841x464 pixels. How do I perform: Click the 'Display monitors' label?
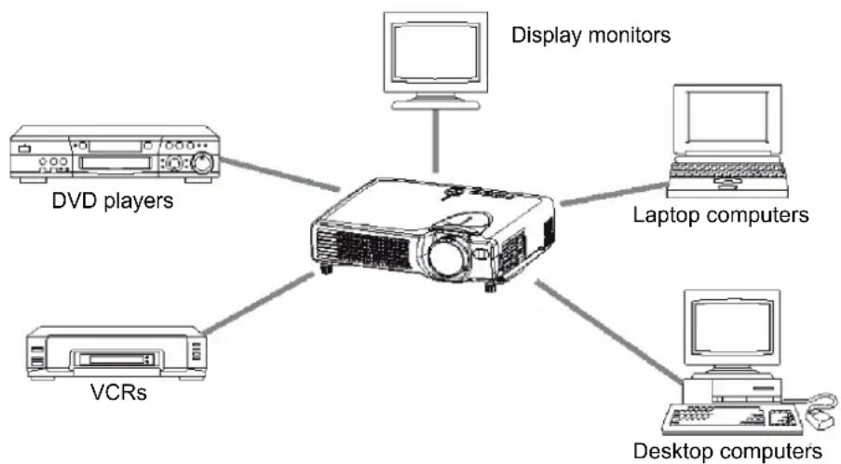[x=590, y=34]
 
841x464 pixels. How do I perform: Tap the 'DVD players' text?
[x=113, y=200]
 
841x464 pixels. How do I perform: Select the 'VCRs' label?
[x=118, y=392]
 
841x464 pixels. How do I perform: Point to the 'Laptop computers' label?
[x=721, y=214]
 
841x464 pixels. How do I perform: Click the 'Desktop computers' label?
[x=727, y=451]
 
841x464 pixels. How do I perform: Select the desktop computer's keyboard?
[x=732, y=419]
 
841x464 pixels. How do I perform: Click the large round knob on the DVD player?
[x=202, y=162]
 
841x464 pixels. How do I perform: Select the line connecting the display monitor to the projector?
[x=436, y=141]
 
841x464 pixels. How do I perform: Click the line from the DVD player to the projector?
[x=280, y=174]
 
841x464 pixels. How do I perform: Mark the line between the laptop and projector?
[x=614, y=194]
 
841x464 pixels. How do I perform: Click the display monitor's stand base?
[x=436, y=105]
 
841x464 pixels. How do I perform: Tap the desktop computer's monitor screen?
[x=732, y=327]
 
